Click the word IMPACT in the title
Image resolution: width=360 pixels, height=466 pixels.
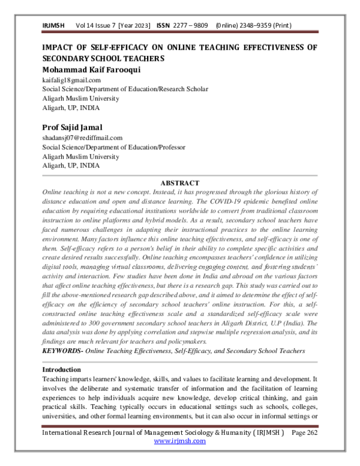(62, 47)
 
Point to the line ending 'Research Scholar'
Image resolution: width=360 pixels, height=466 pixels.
(125, 88)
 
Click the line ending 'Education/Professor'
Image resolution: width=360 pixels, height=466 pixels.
(113, 147)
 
